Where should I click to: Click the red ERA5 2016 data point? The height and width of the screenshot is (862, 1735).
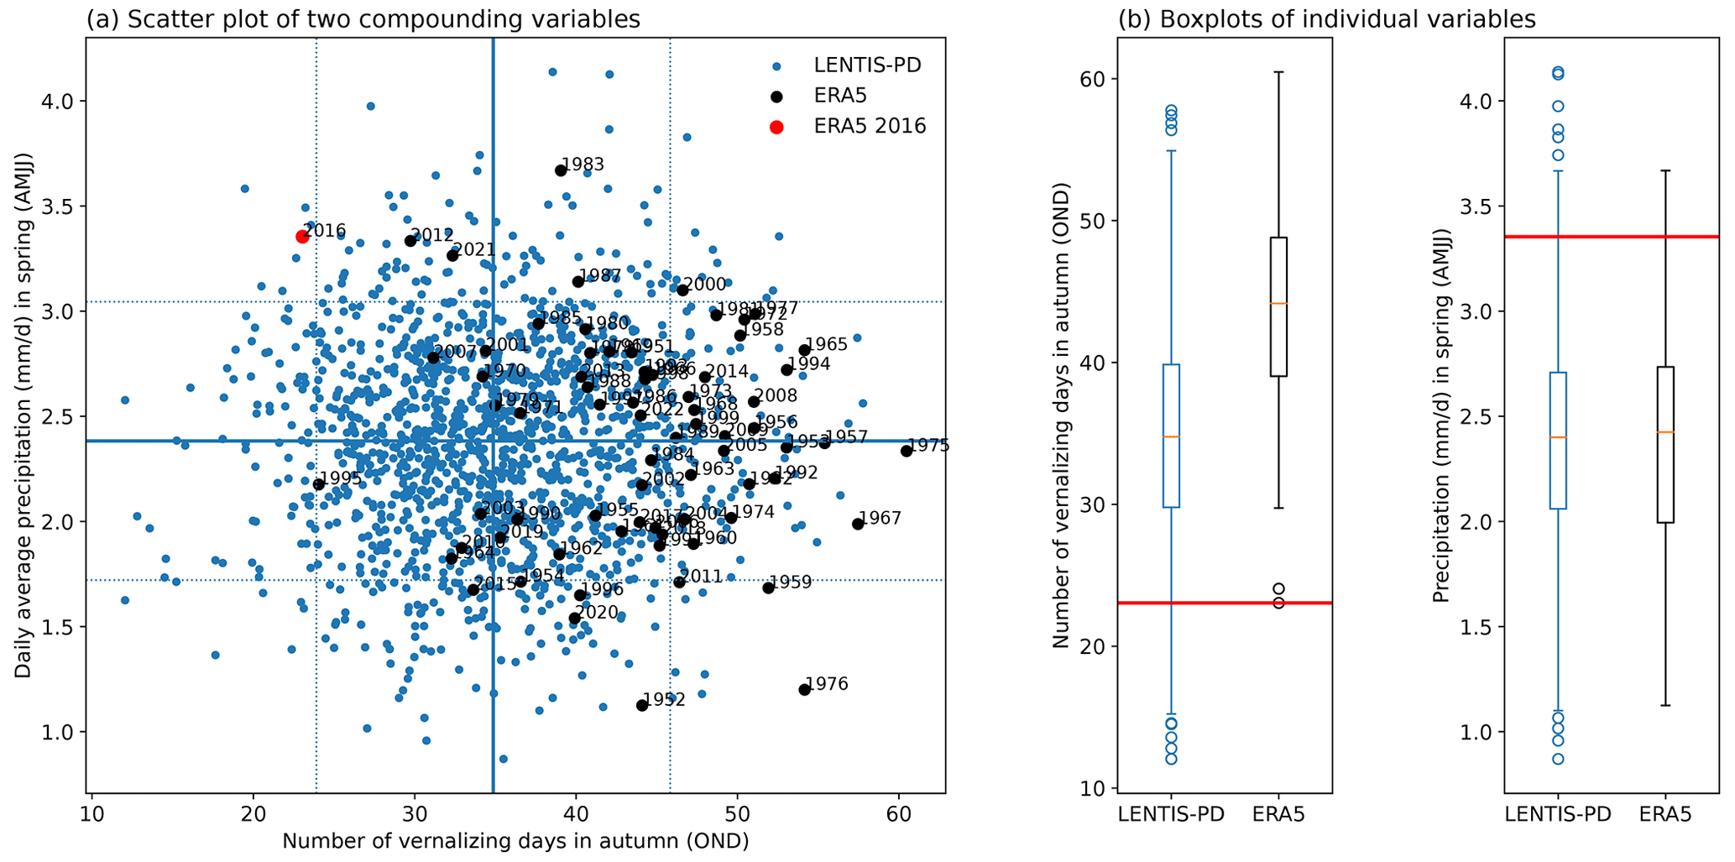click(x=302, y=237)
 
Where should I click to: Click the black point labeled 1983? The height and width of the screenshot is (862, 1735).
click(x=561, y=170)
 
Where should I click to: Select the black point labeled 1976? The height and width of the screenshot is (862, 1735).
click(x=805, y=689)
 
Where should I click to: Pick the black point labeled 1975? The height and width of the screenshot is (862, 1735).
click(x=907, y=451)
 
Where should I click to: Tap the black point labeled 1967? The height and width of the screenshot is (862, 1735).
click(x=858, y=524)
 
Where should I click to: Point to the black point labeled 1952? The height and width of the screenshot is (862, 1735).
click(x=642, y=705)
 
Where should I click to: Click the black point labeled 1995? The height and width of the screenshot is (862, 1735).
click(x=319, y=484)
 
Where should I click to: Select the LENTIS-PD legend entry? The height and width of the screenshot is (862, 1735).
click(x=867, y=65)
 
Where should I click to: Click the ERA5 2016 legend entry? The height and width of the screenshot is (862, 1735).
click(x=870, y=127)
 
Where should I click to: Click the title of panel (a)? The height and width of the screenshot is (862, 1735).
click(x=363, y=19)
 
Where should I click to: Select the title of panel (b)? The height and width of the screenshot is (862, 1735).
click(x=1327, y=19)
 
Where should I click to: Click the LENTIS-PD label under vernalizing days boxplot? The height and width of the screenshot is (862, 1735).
click(x=1171, y=814)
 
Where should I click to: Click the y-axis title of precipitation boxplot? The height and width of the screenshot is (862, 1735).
click(x=1440, y=416)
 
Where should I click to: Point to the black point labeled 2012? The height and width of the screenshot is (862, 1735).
click(x=410, y=241)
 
